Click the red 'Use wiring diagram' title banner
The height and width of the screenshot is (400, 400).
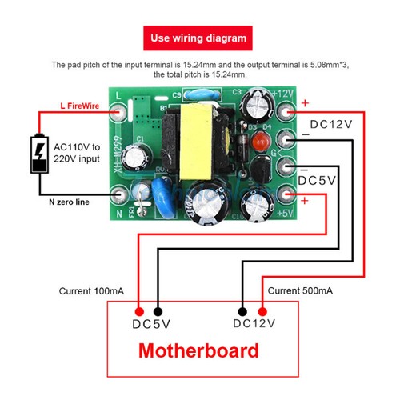point(199,38)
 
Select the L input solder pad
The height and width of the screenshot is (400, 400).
point(119,105)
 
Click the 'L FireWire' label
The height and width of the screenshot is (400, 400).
point(80,105)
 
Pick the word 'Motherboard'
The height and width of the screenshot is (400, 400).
point(199,350)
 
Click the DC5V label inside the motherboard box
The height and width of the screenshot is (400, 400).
point(149,324)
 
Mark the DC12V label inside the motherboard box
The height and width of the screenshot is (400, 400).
point(254,324)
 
